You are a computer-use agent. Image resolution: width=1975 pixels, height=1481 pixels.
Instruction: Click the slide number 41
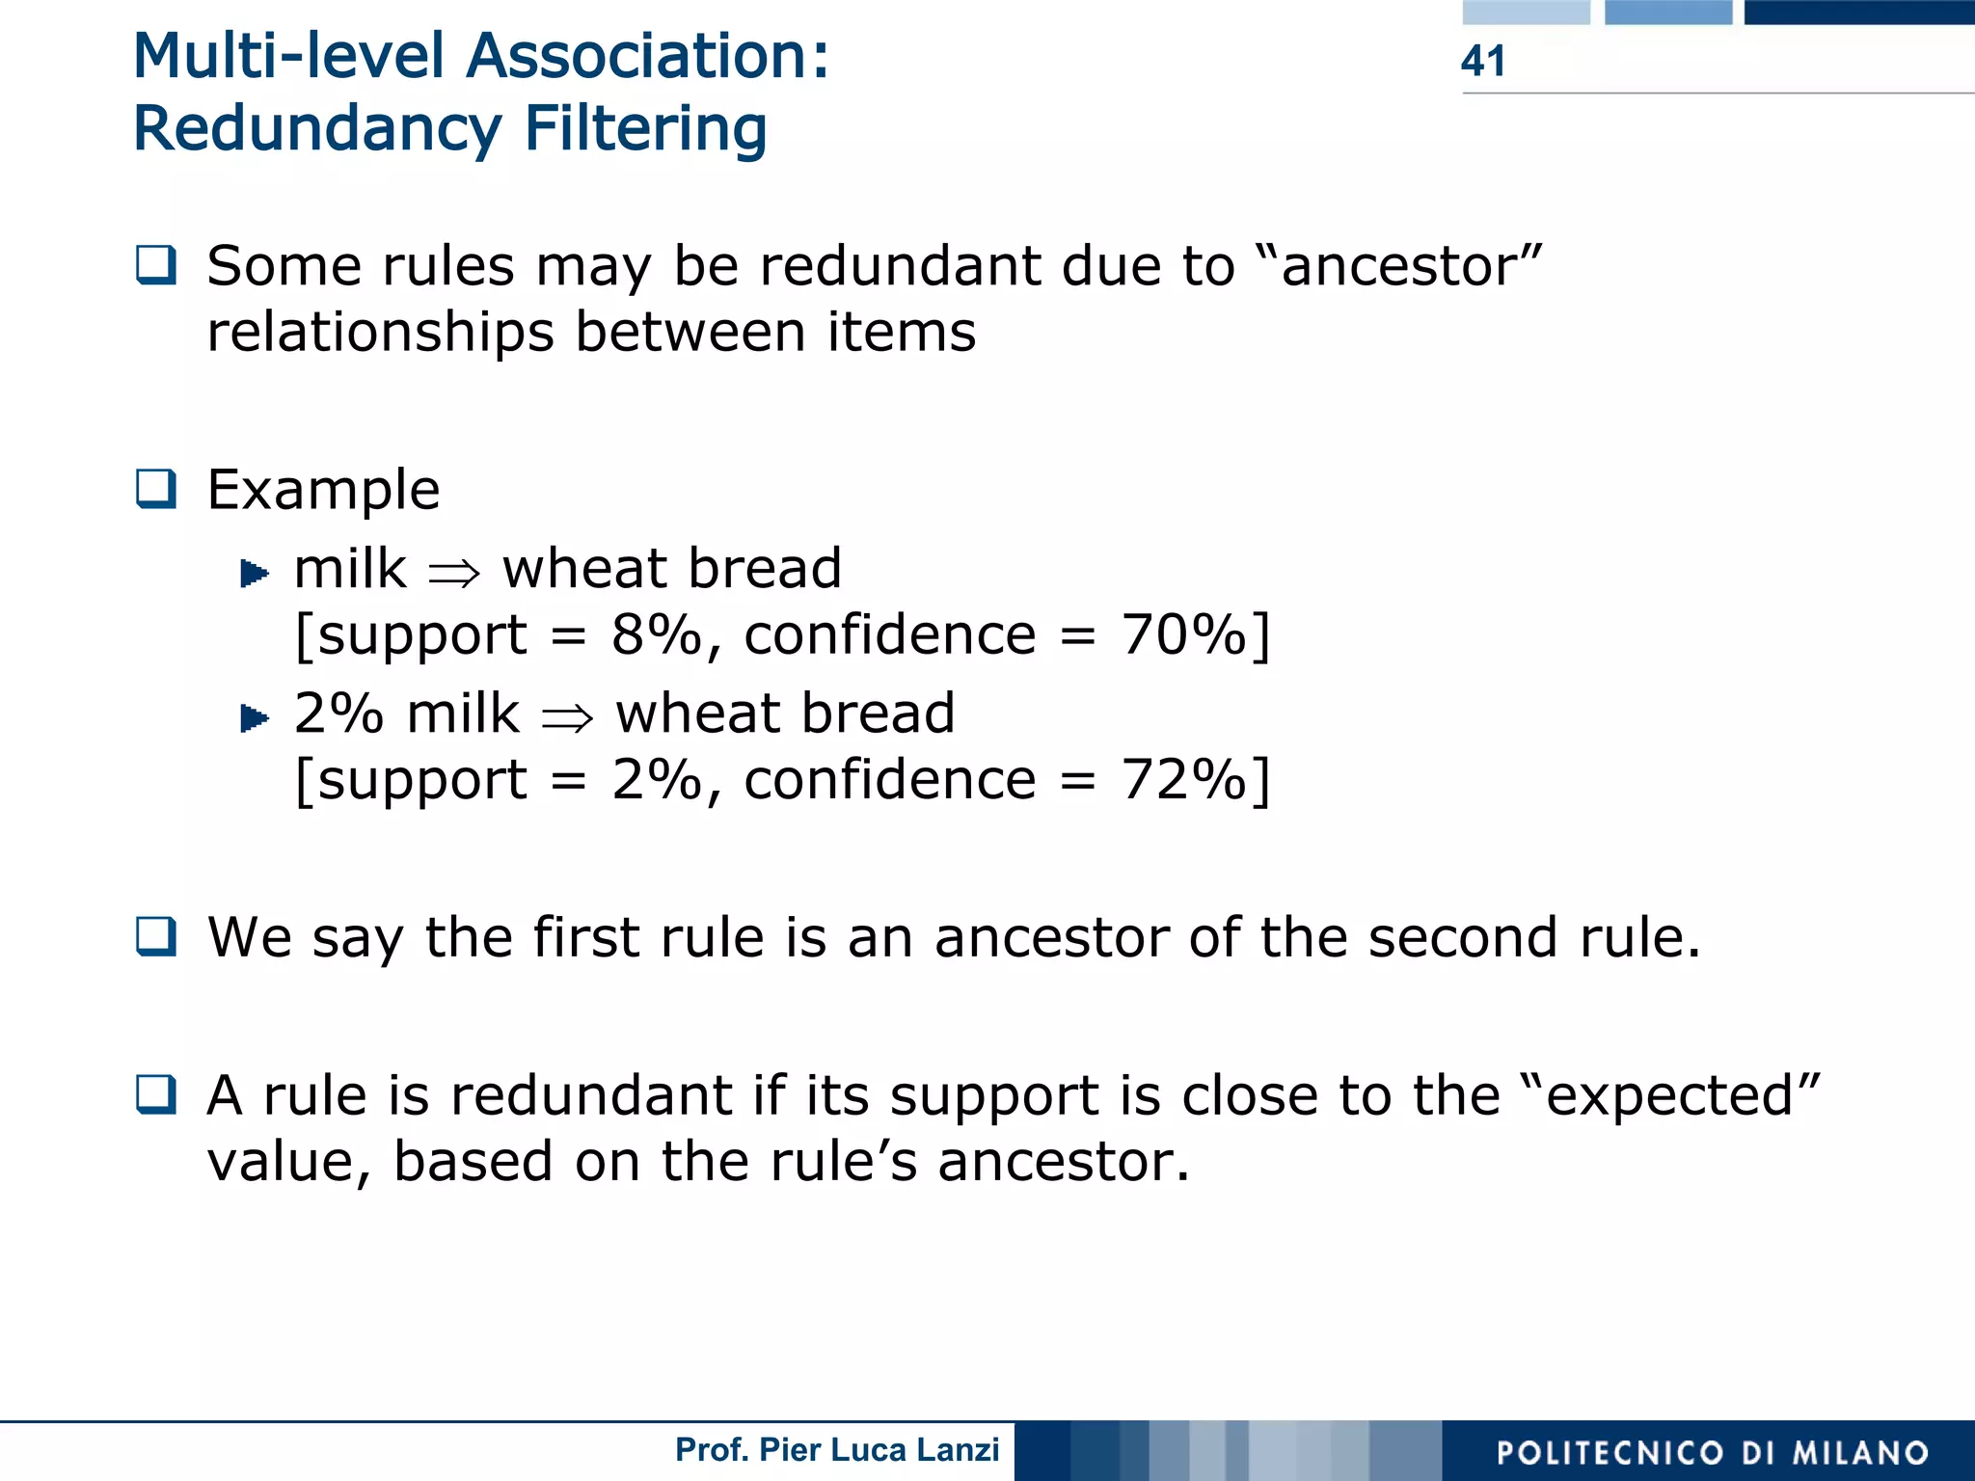[x=1482, y=61]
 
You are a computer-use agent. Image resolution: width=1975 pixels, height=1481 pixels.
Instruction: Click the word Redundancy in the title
[x=316, y=129]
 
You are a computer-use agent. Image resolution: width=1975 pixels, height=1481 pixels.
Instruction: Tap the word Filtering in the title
[x=645, y=129]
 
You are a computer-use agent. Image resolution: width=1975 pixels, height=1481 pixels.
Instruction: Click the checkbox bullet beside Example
[x=155, y=489]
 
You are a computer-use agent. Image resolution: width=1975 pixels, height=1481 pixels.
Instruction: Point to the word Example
[x=323, y=490]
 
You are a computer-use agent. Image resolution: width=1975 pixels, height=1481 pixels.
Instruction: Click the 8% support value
[x=656, y=635]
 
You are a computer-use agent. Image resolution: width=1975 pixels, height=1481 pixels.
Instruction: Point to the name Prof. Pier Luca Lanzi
[x=837, y=1450]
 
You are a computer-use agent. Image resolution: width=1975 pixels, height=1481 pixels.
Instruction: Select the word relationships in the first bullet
[x=380, y=333]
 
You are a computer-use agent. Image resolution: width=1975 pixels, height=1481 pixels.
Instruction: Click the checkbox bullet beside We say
[x=155, y=936]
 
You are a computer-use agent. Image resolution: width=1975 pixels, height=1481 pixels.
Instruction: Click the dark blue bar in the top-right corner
[x=1858, y=12]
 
